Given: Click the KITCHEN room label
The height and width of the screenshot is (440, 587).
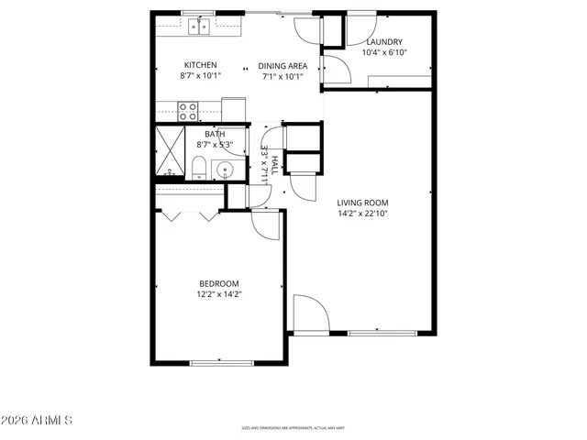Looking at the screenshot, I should pyautogui.click(x=200, y=64).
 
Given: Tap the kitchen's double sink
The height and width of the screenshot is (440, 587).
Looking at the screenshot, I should pyautogui.click(x=200, y=27).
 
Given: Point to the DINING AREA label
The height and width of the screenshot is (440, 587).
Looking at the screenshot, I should pyautogui.click(x=282, y=65).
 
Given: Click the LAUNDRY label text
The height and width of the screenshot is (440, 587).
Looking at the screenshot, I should pyautogui.click(x=385, y=42).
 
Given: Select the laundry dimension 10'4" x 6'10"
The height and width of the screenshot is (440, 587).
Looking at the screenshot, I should pyautogui.click(x=385, y=52).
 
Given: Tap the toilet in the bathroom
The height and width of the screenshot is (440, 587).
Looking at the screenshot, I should pyautogui.click(x=199, y=166).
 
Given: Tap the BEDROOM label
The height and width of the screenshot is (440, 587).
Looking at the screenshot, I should pyautogui.click(x=219, y=283).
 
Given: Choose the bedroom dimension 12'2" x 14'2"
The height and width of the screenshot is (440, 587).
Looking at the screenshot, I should pyautogui.click(x=219, y=294).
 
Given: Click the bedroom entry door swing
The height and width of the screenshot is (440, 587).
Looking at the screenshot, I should pyautogui.click(x=266, y=225).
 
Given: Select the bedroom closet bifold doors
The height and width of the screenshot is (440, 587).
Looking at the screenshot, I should pyautogui.click(x=188, y=214).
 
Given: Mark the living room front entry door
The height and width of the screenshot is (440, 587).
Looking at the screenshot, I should pyautogui.click(x=310, y=313).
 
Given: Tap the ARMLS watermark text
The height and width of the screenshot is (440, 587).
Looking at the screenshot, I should pyautogui.click(x=38, y=420).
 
